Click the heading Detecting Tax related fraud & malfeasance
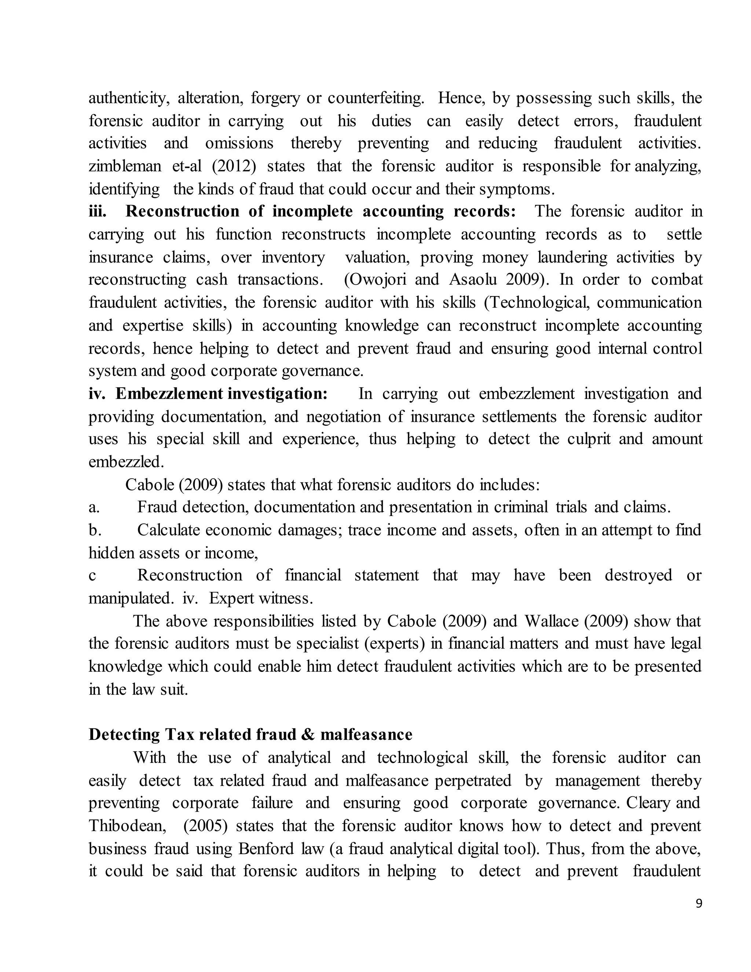pos(250,734)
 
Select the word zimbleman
pos(125,167)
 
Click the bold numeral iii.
pos(98,211)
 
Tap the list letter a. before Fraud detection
pos(94,507)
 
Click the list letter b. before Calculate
pos(94,530)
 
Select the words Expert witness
pos(261,599)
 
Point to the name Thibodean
pos(127,826)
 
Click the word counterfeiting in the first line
pos(375,98)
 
